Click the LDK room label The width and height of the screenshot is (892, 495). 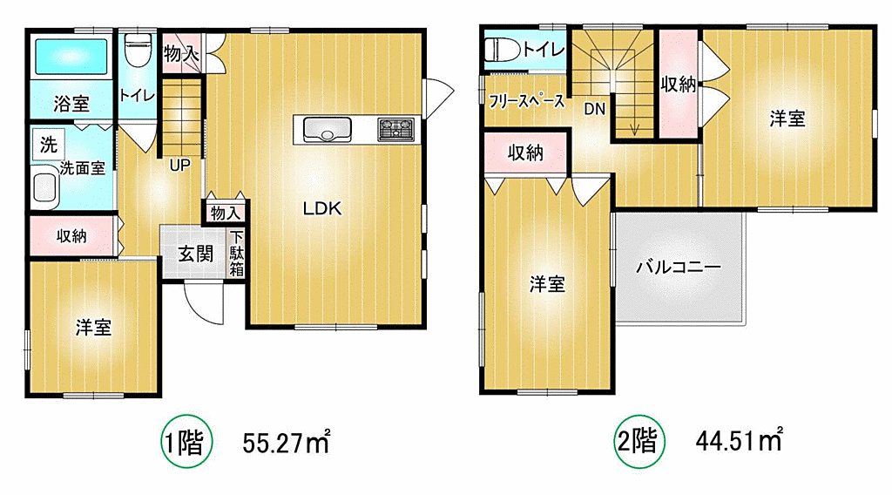(322, 209)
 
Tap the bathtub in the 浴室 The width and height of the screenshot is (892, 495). (71, 57)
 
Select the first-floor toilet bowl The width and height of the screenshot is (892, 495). (137, 50)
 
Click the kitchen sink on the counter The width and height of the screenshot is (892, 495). (328, 129)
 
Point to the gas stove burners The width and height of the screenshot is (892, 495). (396, 129)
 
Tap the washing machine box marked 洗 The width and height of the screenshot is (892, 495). (49, 145)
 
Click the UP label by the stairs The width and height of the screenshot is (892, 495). (179, 166)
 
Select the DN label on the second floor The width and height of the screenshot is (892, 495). (594, 109)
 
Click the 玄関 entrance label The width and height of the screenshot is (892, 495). (195, 254)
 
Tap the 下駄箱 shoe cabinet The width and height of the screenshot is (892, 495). (237, 253)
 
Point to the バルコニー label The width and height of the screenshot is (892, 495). (678, 267)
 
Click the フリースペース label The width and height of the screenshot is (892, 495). (526, 101)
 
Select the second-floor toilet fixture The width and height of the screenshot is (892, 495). (502, 49)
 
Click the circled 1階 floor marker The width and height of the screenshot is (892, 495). (186, 442)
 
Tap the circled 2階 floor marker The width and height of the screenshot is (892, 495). (639, 442)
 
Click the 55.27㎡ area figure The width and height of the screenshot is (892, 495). (286, 442)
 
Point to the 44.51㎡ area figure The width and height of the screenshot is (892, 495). (739, 440)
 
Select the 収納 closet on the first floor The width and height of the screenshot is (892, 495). (73, 235)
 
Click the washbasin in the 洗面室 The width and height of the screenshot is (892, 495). (45, 187)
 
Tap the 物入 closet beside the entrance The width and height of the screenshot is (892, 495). (226, 213)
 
